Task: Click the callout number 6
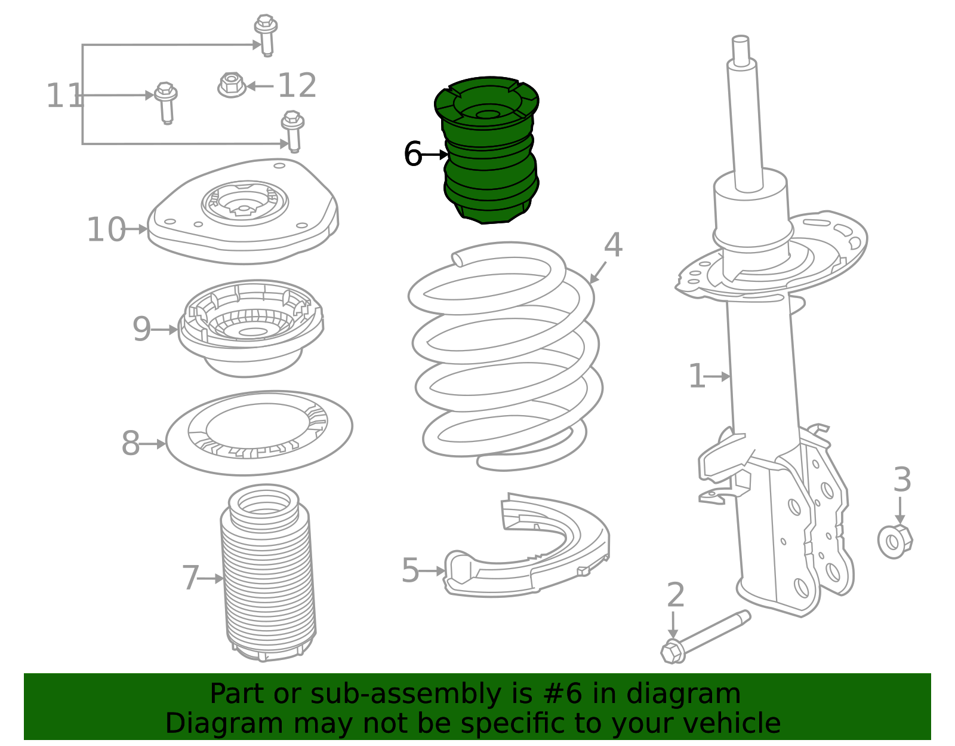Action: (x=412, y=154)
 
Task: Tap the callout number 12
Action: (x=297, y=85)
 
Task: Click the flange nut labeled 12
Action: (x=232, y=85)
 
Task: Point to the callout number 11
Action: (x=64, y=96)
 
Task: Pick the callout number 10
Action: (x=106, y=229)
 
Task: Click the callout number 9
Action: (x=141, y=329)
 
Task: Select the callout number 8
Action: (x=131, y=443)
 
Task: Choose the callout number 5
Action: (x=410, y=570)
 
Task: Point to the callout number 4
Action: (x=613, y=245)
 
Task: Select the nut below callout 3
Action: (x=895, y=541)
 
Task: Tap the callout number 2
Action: (x=676, y=595)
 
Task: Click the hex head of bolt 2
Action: (x=673, y=651)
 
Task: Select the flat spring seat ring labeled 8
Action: (x=259, y=433)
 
